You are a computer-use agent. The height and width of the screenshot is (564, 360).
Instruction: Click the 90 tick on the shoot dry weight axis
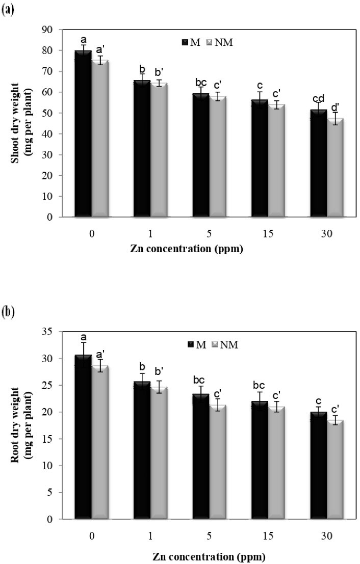coord(50,30)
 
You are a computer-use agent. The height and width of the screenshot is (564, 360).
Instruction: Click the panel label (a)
coord(8,10)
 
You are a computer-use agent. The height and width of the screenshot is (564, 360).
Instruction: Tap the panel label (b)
coord(8,312)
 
